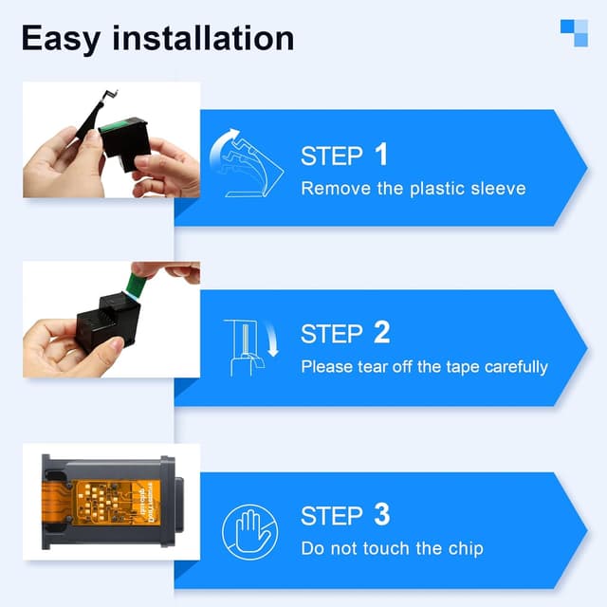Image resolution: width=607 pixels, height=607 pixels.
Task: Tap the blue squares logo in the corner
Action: point(574,32)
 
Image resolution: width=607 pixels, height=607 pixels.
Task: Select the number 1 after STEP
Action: point(380,155)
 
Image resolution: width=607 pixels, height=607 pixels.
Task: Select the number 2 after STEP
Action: point(381,333)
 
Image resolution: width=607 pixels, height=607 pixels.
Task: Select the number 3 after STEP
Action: point(381,515)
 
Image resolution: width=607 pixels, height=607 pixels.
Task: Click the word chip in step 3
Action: point(465,548)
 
